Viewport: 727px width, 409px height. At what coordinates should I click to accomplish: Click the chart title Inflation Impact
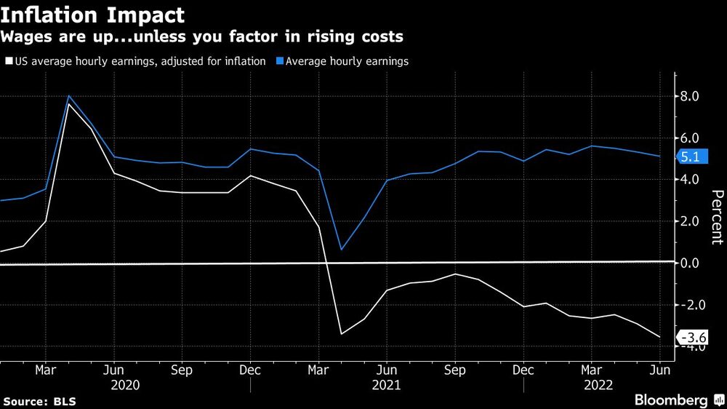[x=92, y=15]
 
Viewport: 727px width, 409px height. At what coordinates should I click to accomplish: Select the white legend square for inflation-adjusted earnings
[x=8, y=62]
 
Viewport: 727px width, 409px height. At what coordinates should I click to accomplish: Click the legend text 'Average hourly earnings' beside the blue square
[x=347, y=62]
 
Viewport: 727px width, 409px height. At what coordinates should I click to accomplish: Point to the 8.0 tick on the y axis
[x=689, y=96]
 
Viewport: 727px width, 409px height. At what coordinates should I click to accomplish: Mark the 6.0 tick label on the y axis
[x=689, y=138]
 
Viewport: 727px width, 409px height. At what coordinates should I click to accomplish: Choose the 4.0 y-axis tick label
[x=689, y=180]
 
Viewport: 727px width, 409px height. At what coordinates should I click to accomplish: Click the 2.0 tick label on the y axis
[x=689, y=221]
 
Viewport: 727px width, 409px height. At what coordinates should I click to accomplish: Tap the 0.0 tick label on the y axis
[x=689, y=263]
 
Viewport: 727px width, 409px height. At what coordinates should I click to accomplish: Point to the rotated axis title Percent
[x=716, y=217]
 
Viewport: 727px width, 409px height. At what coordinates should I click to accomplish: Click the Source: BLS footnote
[x=39, y=401]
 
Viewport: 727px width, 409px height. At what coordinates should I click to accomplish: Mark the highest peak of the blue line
[x=68, y=96]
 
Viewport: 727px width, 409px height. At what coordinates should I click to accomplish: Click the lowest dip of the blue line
[x=341, y=250]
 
